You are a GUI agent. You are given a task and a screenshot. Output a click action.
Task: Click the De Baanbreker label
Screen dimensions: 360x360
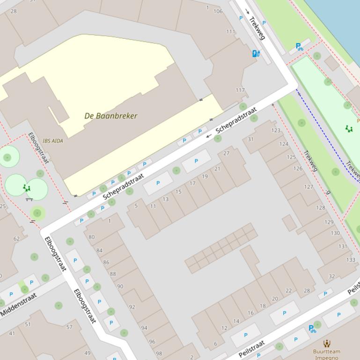pos(111,115)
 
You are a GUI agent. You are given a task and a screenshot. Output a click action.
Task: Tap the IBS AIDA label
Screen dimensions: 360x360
pos(53,141)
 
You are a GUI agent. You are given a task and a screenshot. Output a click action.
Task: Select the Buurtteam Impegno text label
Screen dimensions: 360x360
pos(327,354)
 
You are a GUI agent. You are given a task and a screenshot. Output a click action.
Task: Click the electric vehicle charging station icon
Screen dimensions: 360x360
pos(256,54)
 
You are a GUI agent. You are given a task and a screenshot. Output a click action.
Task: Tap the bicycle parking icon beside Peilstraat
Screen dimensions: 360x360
pos(312,329)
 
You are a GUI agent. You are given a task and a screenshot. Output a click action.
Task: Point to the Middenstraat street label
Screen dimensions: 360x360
pos(19,304)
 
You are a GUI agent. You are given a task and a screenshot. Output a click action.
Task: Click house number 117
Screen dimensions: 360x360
pos(240,90)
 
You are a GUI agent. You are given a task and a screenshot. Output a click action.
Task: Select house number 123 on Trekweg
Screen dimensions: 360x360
pos(276,130)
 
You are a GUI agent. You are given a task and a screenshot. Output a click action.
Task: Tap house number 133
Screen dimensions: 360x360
pos(351,259)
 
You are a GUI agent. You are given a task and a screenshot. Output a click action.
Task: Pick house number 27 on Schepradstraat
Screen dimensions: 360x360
pos(227,153)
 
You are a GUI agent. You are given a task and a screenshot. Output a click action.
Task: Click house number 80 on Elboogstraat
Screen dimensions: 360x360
pos(91,237)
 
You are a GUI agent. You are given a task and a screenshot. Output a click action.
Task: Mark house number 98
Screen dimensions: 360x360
pos(159,353)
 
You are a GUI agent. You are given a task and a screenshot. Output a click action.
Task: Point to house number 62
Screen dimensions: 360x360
pos(17,238)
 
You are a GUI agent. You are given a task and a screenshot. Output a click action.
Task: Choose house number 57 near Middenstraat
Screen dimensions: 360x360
pos(69,327)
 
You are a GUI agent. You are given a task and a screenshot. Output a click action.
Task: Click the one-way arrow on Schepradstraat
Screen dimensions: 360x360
pos(209,136)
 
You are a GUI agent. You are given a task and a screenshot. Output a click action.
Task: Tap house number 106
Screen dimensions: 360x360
pos(218,11)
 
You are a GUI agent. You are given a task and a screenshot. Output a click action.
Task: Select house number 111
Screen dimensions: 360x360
pos(231,31)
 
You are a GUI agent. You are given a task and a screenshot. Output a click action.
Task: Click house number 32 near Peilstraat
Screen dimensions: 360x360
pos(331,276)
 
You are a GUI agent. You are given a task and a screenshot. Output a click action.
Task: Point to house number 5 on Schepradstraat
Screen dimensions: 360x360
pos(136,205)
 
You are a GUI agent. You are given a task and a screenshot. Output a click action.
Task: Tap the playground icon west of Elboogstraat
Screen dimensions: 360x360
pos(27,188)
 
